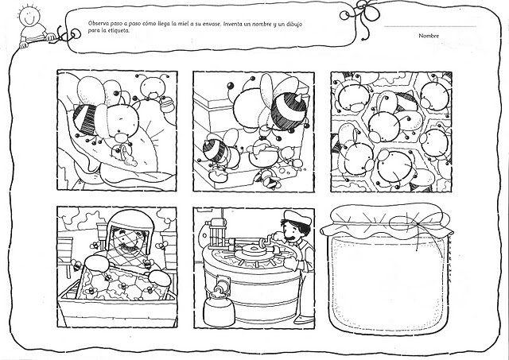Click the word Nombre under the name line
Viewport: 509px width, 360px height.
tap(429, 36)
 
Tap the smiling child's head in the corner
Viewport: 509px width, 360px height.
tap(29, 16)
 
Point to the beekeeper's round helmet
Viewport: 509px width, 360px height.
tap(130, 224)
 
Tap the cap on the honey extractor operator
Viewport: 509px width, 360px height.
tap(297, 217)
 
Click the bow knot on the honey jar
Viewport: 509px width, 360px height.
tap(417, 224)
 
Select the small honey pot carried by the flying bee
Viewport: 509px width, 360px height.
tap(168, 104)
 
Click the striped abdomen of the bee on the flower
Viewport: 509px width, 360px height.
tap(86, 119)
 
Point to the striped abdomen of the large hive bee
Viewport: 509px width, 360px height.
tap(289, 111)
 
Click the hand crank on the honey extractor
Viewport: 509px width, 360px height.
tap(266, 242)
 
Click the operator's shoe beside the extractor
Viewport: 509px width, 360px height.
tap(304, 319)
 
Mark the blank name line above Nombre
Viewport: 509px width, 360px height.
tap(430, 26)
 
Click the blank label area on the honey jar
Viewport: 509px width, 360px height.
tap(388, 281)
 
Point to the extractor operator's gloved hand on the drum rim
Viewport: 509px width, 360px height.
tap(291, 263)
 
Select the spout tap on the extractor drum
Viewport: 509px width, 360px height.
tap(220, 285)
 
